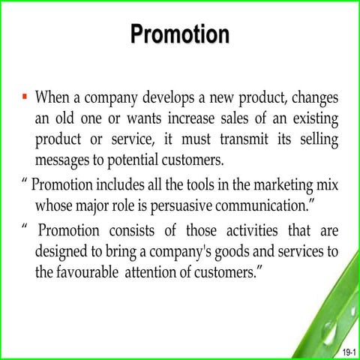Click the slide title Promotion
(x=179, y=34)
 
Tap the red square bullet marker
(x=24, y=97)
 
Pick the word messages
(x=65, y=160)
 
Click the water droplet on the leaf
(x=328, y=328)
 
